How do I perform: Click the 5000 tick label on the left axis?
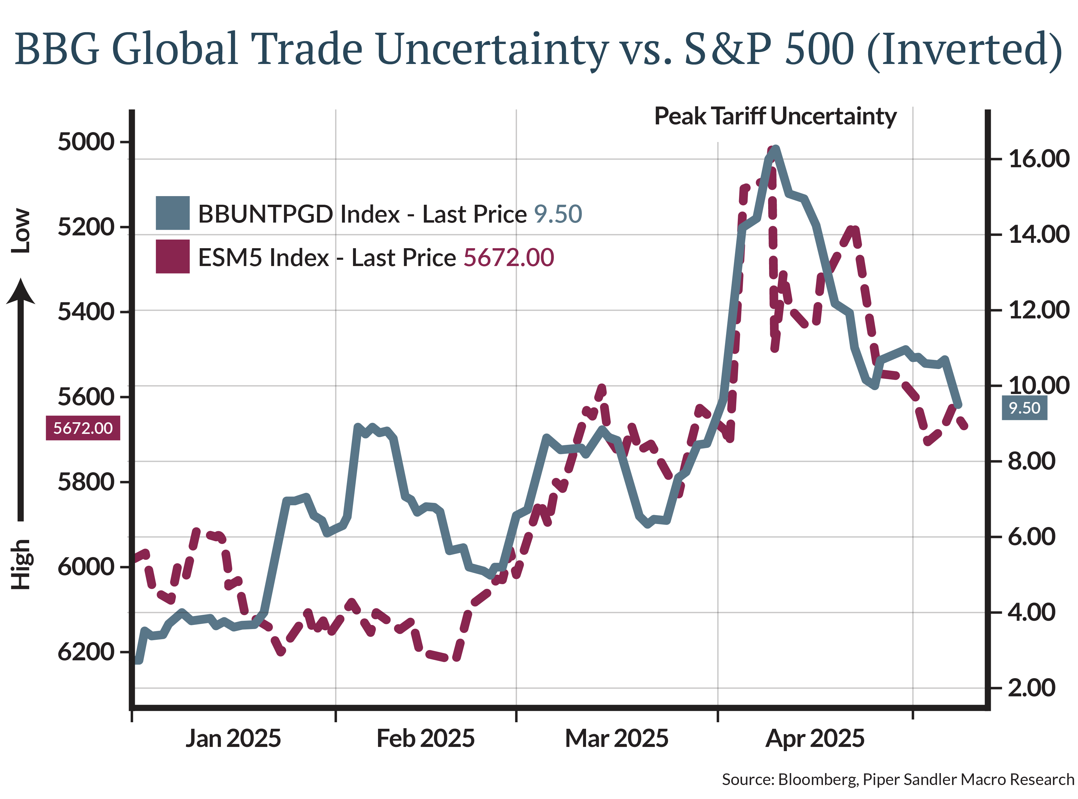click(x=86, y=142)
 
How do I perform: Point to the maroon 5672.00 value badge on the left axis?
click(x=83, y=428)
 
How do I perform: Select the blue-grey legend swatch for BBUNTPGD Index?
click(x=173, y=213)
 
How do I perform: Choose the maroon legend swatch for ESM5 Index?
click(x=173, y=256)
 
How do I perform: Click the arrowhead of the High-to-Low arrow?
click(x=20, y=292)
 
